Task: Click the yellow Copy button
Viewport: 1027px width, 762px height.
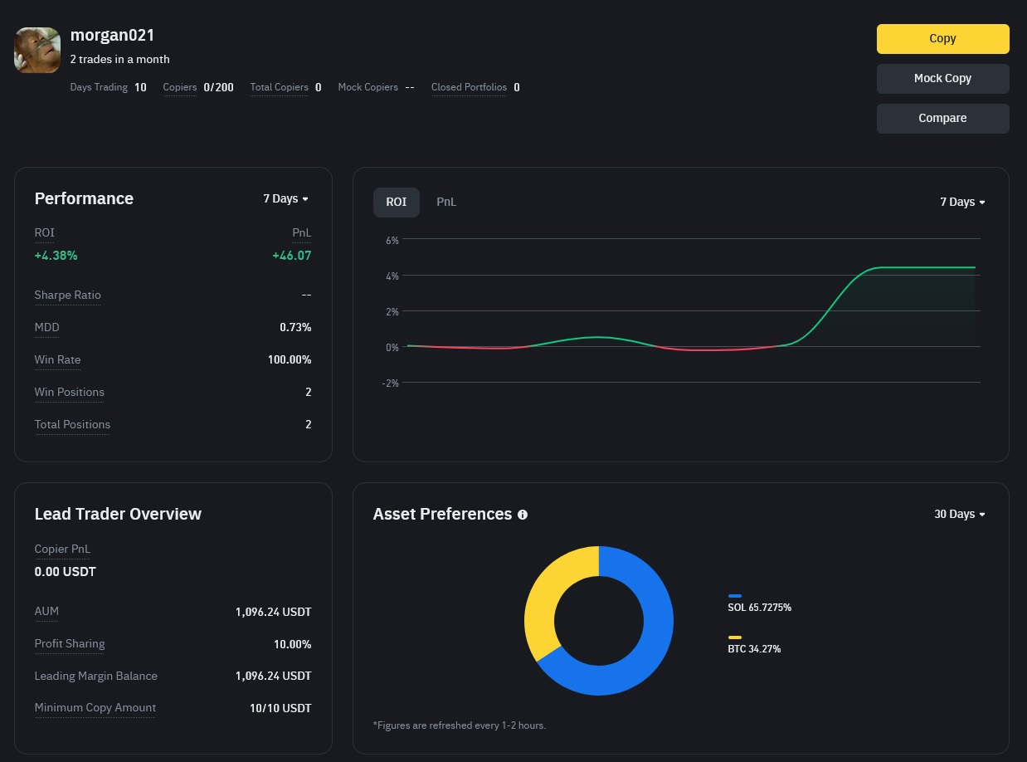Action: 942,39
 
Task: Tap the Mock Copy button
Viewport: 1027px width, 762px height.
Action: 942,79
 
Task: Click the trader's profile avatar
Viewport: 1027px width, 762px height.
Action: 37,50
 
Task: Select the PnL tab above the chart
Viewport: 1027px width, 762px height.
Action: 446,202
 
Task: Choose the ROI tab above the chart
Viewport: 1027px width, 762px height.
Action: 397,202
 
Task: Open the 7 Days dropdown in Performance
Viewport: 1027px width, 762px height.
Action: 285,199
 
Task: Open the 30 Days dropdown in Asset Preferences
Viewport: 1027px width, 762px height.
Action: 960,514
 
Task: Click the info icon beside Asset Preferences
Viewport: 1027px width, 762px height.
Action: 523,515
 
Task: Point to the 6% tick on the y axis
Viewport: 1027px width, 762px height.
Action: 392,240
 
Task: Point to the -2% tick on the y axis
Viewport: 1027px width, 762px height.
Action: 391,383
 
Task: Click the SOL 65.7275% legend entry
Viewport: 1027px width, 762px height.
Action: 759,603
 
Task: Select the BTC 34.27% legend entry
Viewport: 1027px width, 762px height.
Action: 754,645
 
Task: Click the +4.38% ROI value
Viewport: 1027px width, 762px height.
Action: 56,256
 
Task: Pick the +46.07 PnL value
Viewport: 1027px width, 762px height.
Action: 292,256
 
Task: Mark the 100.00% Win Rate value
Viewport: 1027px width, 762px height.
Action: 290,359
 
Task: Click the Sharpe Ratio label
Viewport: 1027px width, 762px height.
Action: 67,295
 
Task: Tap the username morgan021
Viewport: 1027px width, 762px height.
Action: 112,35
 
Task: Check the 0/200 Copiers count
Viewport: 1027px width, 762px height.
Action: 218,87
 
